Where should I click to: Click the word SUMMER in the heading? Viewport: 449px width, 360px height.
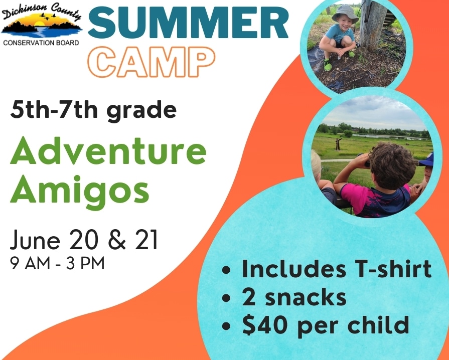point(188,23)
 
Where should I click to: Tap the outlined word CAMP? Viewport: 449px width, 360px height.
point(152,62)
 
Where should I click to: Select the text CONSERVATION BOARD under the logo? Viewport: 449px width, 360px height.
point(41,43)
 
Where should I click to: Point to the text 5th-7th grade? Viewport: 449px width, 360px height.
point(93,111)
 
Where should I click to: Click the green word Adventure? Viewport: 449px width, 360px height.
point(108,150)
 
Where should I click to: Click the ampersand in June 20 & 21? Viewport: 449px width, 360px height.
point(117,240)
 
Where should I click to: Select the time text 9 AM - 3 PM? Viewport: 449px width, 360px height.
point(57,264)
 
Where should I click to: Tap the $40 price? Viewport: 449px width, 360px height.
point(265,325)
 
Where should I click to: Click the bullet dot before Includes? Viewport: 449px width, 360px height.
point(226,270)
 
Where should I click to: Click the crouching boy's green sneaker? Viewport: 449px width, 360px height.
point(328,65)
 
